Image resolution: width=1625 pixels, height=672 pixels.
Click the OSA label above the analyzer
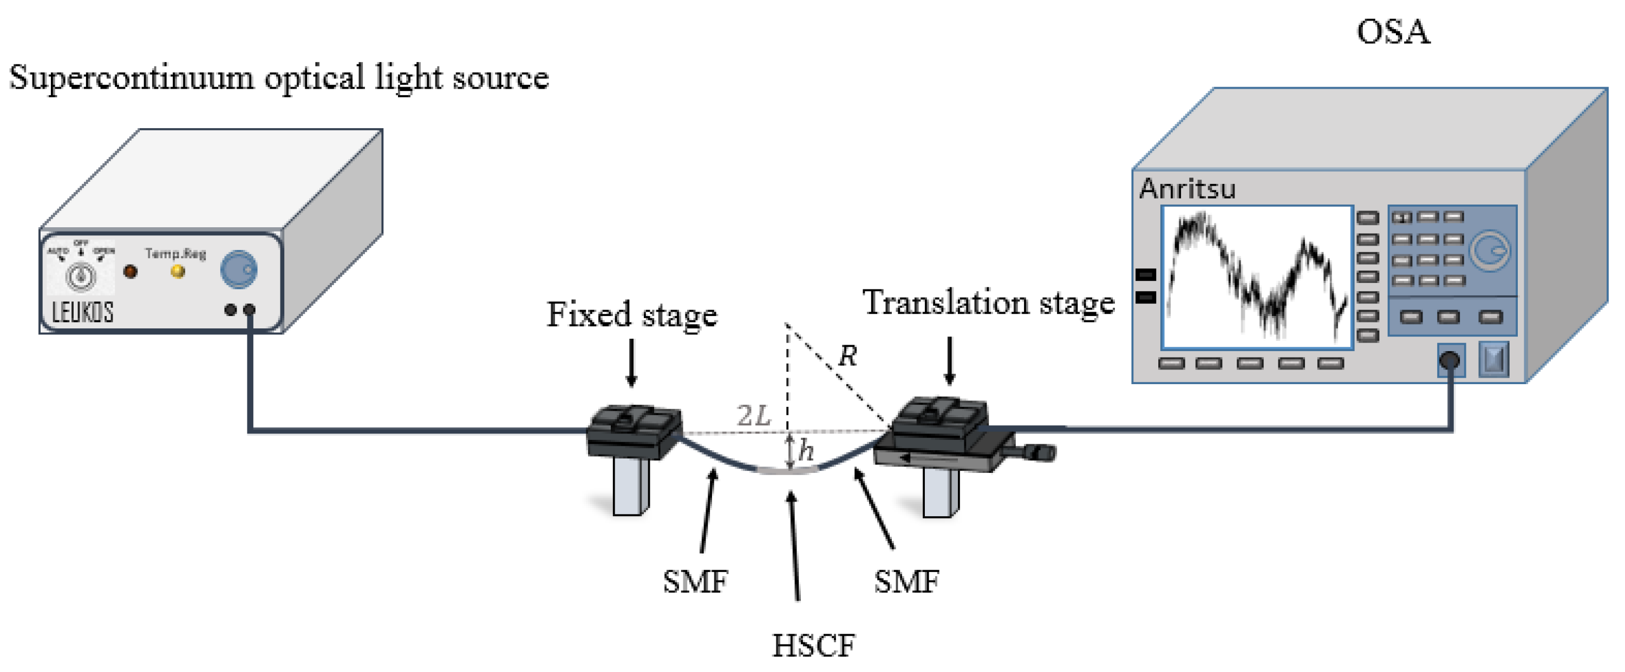point(1393,31)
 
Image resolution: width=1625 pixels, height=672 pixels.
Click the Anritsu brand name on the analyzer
point(1187,188)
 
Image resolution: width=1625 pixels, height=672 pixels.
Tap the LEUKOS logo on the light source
point(82,312)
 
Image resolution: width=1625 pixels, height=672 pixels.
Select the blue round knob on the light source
point(238,269)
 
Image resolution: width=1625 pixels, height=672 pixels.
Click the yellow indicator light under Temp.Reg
point(178,272)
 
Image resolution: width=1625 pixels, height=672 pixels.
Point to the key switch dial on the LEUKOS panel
point(81,276)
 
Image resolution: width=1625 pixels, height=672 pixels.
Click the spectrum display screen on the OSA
point(1257,278)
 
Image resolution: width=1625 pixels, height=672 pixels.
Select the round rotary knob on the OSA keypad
point(1490,251)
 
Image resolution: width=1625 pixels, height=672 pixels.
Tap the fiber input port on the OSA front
point(1450,360)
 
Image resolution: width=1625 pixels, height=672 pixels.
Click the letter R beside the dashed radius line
point(847,356)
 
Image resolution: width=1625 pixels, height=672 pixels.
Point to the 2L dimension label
point(754,416)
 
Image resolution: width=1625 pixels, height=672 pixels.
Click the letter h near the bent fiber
point(806,450)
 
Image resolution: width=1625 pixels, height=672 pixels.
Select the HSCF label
point(814,645)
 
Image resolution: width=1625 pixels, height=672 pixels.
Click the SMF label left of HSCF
point(695,581)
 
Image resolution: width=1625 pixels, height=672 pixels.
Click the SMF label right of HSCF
point(906,581)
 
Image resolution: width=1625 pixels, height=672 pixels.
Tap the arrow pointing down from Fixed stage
point(631,363)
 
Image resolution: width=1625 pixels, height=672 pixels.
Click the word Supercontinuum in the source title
point(131,78)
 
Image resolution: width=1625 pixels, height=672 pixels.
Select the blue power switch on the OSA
point(1493,360)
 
